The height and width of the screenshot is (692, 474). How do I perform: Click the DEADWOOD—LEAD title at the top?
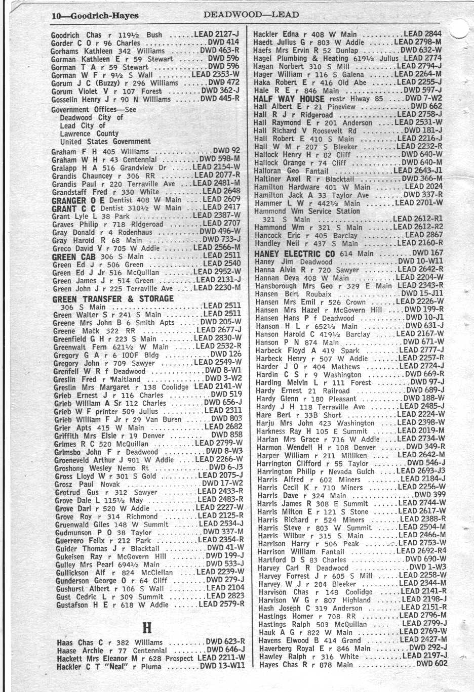point(251,15)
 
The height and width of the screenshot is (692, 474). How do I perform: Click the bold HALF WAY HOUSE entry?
point(289,99)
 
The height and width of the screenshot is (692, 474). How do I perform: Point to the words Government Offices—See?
point(94,109)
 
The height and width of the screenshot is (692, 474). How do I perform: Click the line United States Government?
point(105,142)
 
